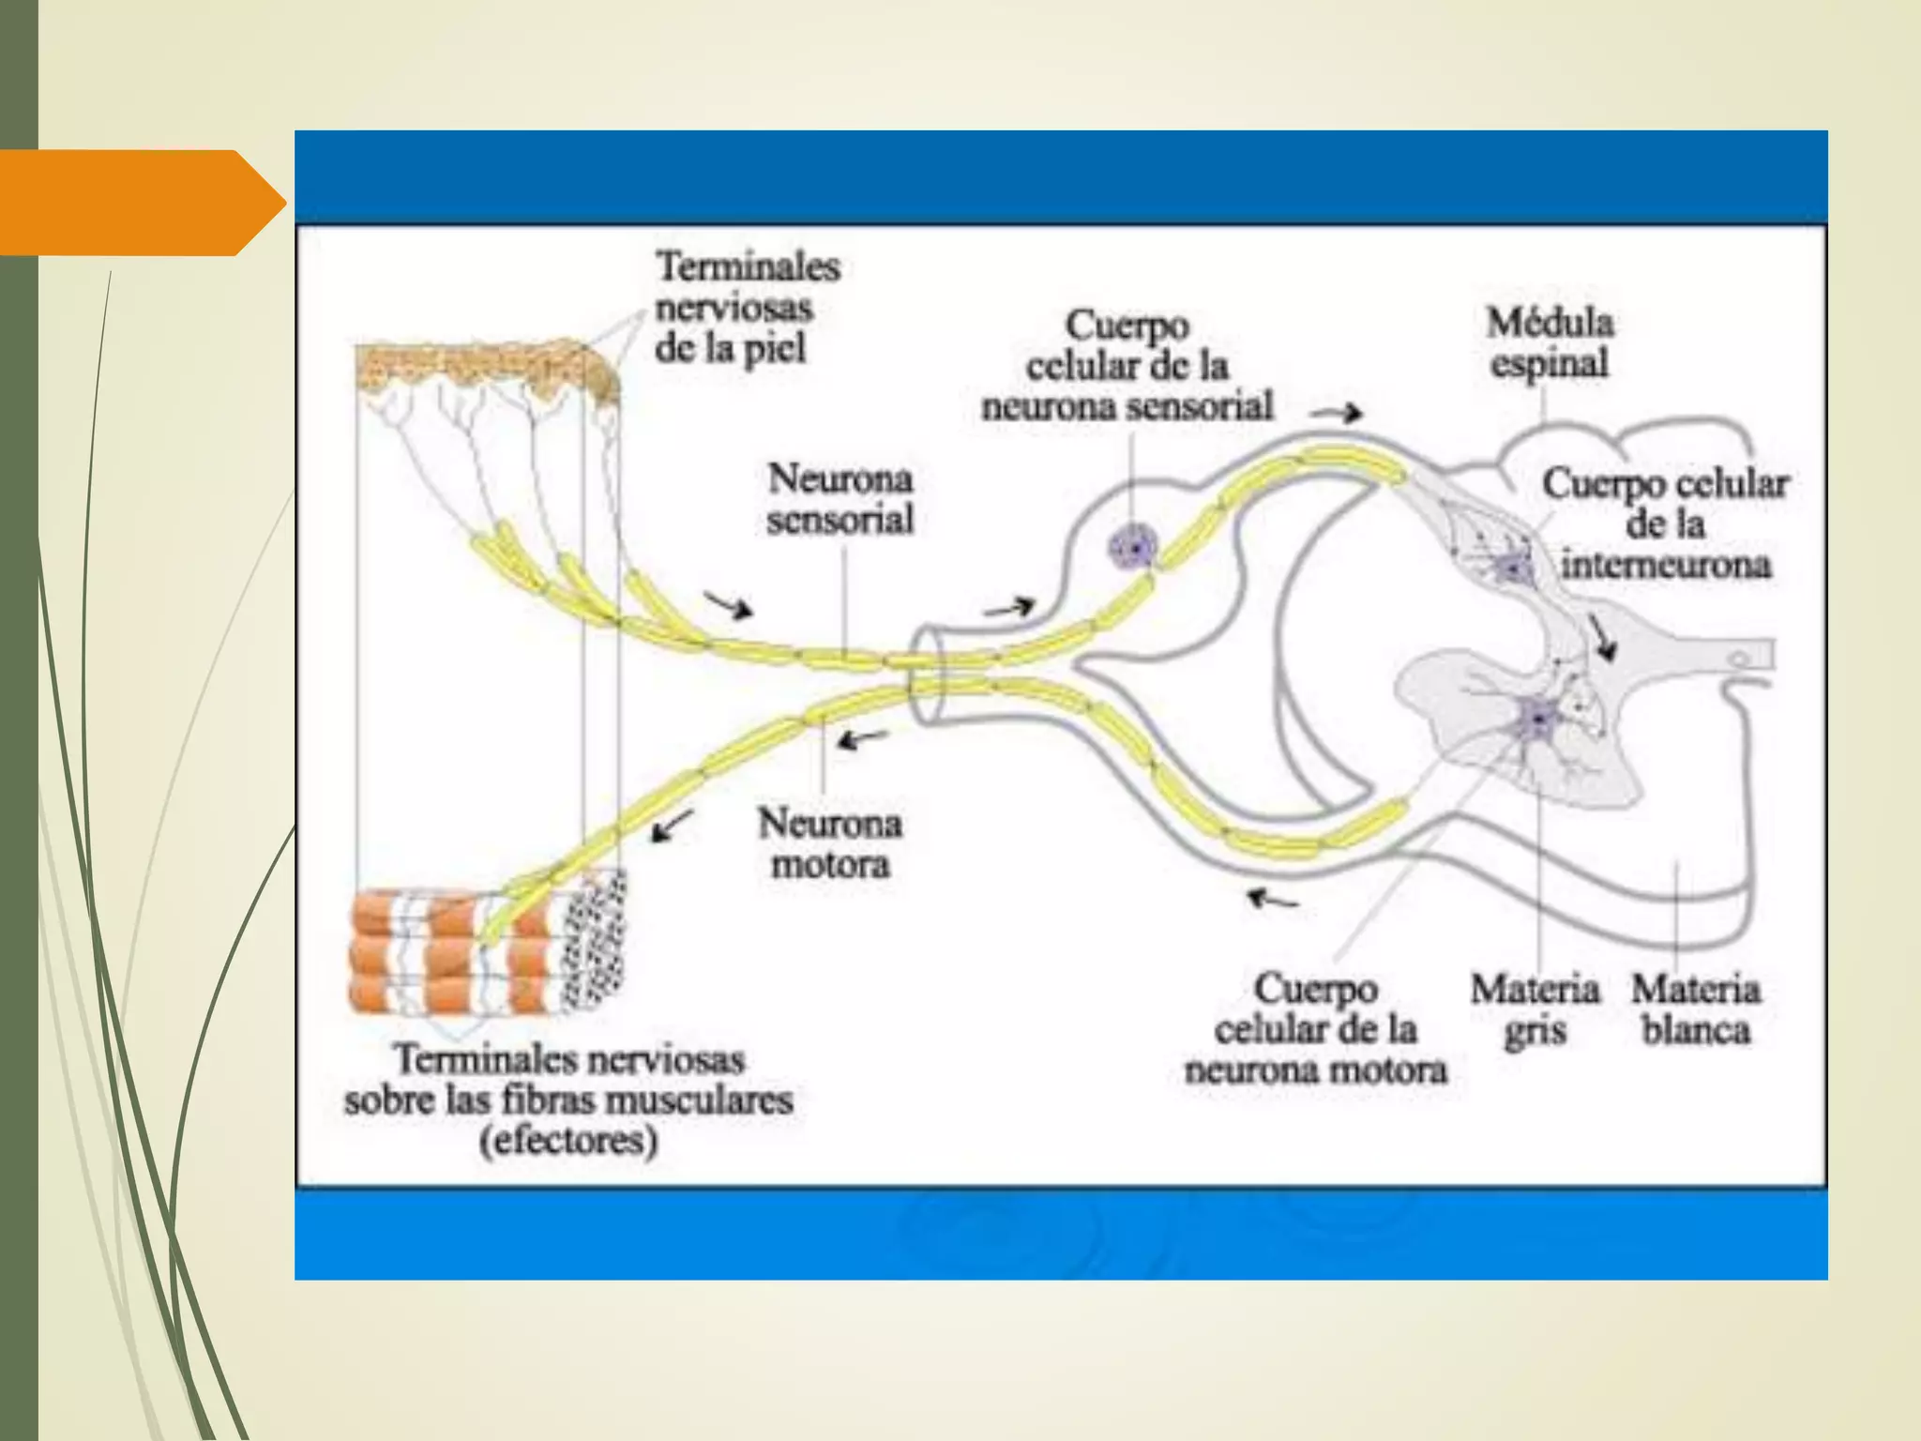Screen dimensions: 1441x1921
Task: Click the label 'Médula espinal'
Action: (x=1550, y=343)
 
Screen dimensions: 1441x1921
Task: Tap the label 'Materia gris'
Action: (x=1535, y=1009)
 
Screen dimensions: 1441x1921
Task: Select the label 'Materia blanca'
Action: (x=1696, y=1009)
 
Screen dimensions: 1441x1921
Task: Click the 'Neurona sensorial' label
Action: (x=839, y=498)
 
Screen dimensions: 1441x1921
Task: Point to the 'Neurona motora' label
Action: (x=830, y=842)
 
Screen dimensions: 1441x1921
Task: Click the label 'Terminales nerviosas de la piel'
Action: (x=747, y=307)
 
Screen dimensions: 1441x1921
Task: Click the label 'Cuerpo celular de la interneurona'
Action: (x=1665, y=524)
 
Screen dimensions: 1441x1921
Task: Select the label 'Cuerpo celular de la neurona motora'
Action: (x=1315, y=1029)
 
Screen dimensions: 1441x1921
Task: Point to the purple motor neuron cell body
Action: (x=1539, y=720)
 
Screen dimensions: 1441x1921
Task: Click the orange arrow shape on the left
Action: (x=141, y=203)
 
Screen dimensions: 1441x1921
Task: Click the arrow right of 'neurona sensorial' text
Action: (x=1337, y=413)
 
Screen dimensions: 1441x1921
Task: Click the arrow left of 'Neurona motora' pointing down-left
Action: (x=673, y=826)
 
